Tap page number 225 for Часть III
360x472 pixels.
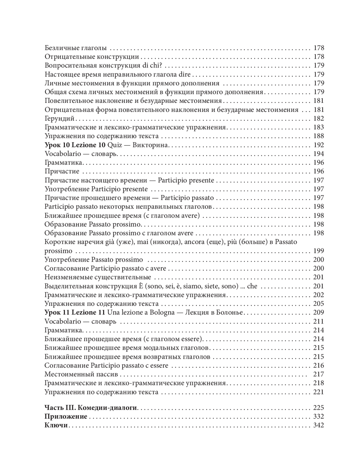pyautogui.click(x=319, y=408)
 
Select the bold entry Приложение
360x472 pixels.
pyautogui.click(x=66, y=417)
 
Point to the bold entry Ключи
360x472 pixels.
pyautogui.click(x=57, y=426)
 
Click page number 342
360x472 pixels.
pyautogui.click(x=319, y=426)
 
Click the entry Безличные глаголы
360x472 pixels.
pyautogui.click(x=76, y=48)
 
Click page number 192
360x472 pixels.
pyautogui.click(x=319, y=145)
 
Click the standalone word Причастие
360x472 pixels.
pyautogui.click(x=62, y=172)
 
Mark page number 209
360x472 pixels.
pyautogui.click(x=319, y=313)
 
